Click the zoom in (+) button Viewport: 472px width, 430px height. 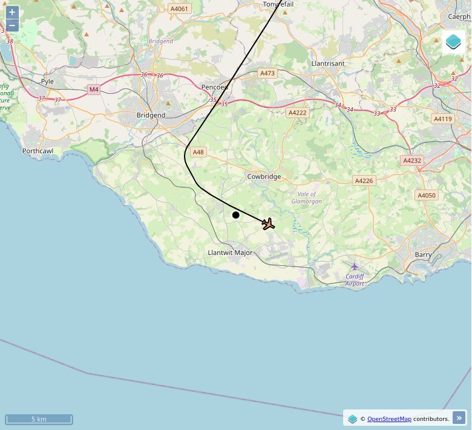click(12, 12)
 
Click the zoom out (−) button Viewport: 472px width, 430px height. click(12, 25)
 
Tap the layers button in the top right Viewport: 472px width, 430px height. click(453, 42)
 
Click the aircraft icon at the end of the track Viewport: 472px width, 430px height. click(268, 224)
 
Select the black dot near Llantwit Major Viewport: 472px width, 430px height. click(236, 215)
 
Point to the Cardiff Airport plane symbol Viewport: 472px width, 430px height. click(355, 266)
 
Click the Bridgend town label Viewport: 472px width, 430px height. click(151, 115)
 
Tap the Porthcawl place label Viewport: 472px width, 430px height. click(38, 151)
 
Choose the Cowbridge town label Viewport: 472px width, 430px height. click(264, 177)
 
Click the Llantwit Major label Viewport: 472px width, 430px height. click(230, 253)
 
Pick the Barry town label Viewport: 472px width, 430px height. click(424, 255)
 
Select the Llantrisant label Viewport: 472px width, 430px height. click(327, 63)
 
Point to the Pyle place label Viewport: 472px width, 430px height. click(47, 81)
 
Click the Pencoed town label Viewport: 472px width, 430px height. click(214, 87)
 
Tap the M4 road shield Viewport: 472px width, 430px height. click(93, 90)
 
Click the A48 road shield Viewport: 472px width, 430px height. click(198, 152)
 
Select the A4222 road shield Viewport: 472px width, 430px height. click(298, 113)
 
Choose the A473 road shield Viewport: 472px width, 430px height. click(267, 73)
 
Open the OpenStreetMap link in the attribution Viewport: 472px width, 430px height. click(389, 418)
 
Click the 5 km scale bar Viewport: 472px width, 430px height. click(39, 419)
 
